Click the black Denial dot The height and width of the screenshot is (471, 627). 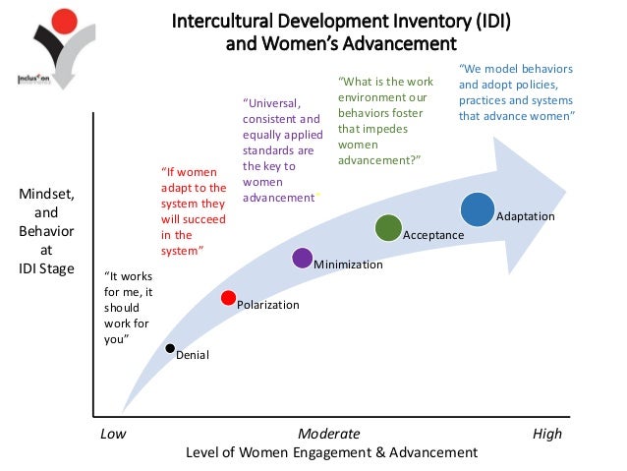click(x=170, y=348)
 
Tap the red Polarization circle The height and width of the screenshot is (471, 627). click(x=229, y=298)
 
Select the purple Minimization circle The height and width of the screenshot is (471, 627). click(x=303, y=259)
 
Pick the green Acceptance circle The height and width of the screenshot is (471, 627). click(x=388, y=228)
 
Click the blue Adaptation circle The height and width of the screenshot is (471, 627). click(x=478, y=208)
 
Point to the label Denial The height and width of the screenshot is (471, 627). click(x=192, y=355)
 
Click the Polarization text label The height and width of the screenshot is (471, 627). click(x=268, y=306)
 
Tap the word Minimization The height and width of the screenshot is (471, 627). click(x=348, y=265)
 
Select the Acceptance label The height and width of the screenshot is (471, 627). click(x=433, y=236)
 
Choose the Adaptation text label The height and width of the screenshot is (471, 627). click(x=526, y=215)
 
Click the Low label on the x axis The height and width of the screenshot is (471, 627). click(x=115, y=434)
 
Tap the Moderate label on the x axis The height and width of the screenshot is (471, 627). click(x=328, y=434)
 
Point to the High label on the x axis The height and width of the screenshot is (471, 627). click(x=547, y=434)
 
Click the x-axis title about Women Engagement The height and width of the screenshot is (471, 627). click(x=330, y=452)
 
